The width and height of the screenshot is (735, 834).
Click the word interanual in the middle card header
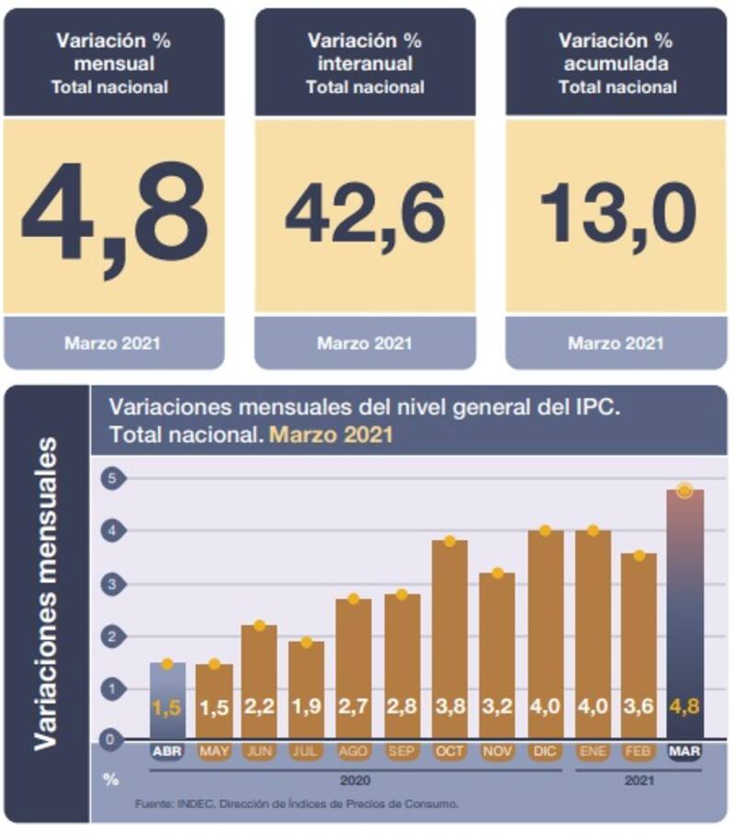(365, 64)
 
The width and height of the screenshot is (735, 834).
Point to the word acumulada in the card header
(616, 64)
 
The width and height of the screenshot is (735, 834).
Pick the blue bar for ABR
(167, 698)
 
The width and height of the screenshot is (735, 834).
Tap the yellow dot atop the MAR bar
(684, 490)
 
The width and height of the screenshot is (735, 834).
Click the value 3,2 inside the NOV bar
(496, 706)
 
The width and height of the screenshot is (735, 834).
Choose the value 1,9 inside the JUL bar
(306, 706)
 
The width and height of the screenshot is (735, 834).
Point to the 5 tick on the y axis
(110, 479)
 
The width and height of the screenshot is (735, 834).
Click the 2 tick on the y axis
(110, 636)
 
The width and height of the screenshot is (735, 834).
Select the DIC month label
(545, 751)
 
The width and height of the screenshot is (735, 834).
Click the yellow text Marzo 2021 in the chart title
(331, 434)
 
